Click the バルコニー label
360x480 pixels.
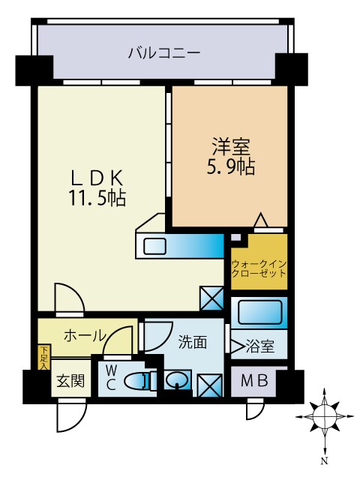point(163,53)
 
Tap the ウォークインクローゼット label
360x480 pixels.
point(259,269)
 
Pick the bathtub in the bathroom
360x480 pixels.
point(259,311)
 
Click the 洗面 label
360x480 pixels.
point(193,343)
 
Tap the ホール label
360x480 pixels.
point(83,336)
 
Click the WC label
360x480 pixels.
point(110,376)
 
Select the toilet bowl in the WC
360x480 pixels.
point(139,381)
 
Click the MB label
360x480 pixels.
point(253,381)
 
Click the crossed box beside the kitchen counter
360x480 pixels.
point(211,298)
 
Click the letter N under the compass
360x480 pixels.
point(325,460)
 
